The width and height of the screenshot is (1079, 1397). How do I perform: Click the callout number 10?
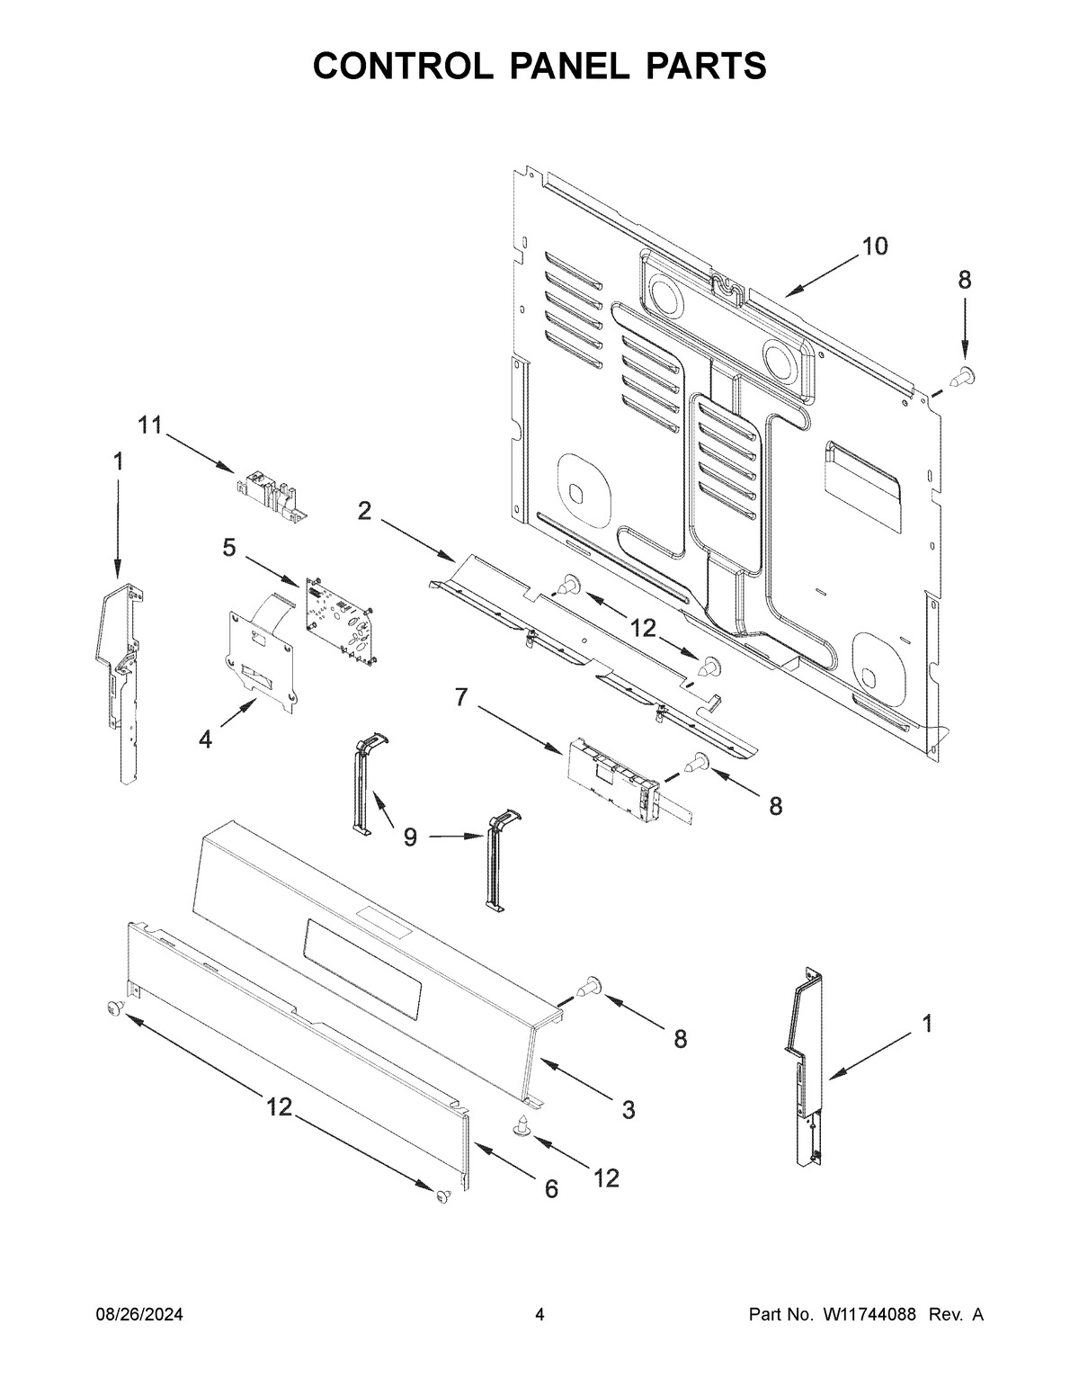tap(874, 246)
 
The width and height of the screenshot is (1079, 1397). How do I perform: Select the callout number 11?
tap(149, 425)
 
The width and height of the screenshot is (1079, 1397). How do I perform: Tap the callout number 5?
tap(230, 547)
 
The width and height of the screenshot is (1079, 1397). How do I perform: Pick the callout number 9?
tap(410, 837)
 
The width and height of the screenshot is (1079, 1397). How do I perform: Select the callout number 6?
tap(550, 1189)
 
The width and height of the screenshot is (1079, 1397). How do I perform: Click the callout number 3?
tap(628, 1110)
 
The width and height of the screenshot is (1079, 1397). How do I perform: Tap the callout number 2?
tap(364, 511)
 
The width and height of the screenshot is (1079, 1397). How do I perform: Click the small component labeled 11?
tap(271, 497)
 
